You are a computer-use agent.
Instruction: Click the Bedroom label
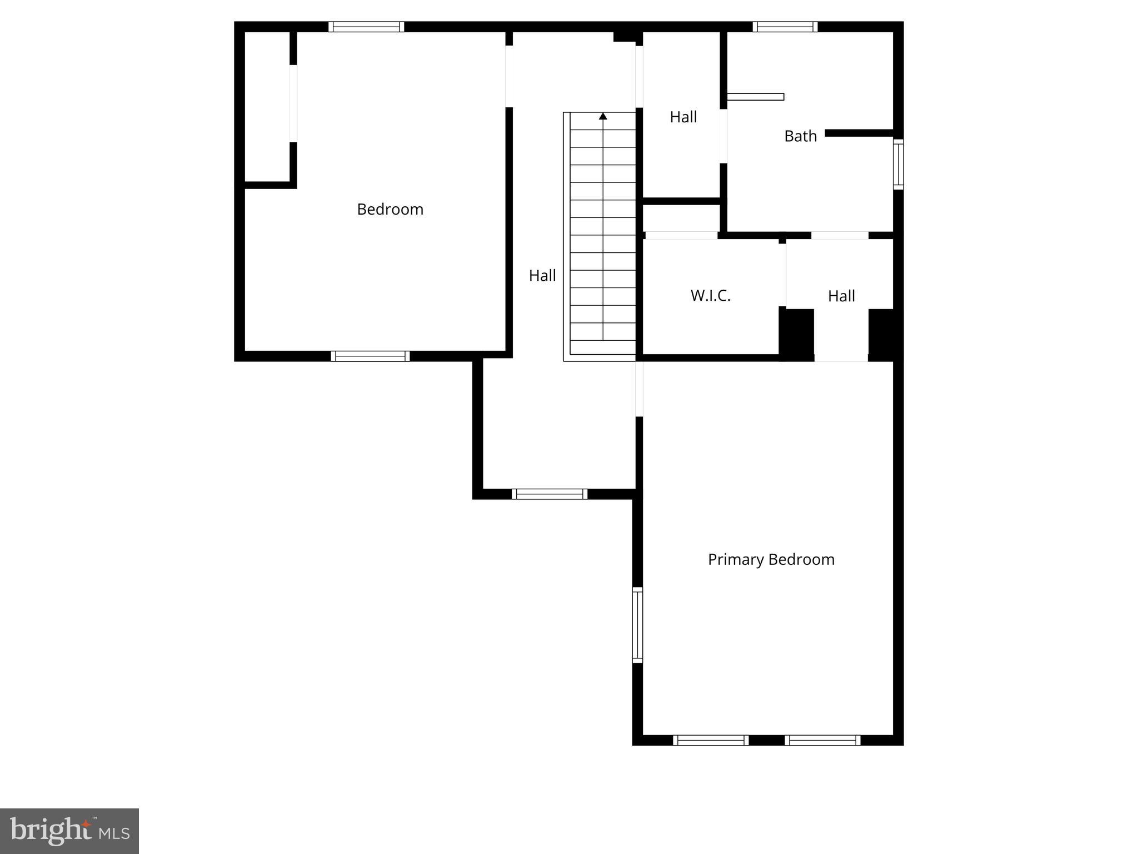click(x=390, y=210)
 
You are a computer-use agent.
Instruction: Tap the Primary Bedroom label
click(x=771, y=559)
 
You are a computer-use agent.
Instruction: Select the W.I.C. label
click(x=710, y=296)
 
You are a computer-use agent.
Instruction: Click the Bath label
click(x=800, y=136)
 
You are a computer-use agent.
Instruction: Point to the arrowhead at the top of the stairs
click(x=603, y=116)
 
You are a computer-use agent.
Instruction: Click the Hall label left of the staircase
click(x=542, y=276)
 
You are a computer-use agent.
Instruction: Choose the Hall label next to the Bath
click(x=683, y=117)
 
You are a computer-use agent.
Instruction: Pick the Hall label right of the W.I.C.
click(x=841, y=296)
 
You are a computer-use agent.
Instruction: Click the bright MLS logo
click(x=69, y=831)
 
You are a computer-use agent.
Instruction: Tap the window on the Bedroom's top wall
click(x=366, y=27)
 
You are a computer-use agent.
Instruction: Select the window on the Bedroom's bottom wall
click(x=370, y=356)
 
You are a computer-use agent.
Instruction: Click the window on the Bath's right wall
click(x=898, y=165)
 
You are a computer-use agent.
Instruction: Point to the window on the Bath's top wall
click(x=785, y=27)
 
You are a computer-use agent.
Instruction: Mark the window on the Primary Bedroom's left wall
click(x=637, y=625)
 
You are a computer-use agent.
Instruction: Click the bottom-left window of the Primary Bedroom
click(x=711, y=740)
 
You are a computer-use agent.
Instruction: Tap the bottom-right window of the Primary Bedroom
click(x=822, y=740)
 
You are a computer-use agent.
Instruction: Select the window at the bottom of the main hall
click(x=549, y=494)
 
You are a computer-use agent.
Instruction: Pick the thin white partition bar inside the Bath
click(x=755, y=97)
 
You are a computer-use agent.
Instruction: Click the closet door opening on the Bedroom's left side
click(x=293, y=103)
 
